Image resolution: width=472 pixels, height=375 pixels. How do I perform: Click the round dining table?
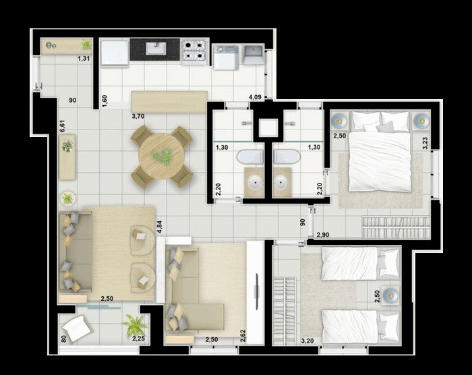161,156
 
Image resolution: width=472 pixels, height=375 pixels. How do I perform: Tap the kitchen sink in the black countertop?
156,48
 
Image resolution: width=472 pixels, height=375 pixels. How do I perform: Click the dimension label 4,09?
255,97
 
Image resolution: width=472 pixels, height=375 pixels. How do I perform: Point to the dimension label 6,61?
62,126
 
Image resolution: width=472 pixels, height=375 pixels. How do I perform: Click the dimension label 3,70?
138,116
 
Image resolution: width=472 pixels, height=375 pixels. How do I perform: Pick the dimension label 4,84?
159,227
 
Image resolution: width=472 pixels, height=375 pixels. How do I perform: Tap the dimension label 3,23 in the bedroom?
425,143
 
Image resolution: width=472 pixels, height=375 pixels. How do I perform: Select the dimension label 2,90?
323,235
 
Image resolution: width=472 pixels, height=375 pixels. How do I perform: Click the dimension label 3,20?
307,341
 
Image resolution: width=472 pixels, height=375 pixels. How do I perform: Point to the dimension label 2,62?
243,336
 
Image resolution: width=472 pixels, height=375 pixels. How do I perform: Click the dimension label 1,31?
84,59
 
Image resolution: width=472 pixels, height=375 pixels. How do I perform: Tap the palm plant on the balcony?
134,324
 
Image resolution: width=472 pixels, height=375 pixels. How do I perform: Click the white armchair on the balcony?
76,328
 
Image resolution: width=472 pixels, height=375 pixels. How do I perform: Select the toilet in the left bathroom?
250,156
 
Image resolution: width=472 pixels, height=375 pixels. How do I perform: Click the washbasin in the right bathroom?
281,181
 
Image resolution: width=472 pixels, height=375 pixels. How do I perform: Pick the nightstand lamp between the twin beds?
390,293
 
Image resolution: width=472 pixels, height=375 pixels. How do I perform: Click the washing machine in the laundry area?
225,57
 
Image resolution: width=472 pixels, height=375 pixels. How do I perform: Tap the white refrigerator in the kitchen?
115,53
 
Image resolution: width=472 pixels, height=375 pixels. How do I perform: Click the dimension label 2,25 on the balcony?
138,339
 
